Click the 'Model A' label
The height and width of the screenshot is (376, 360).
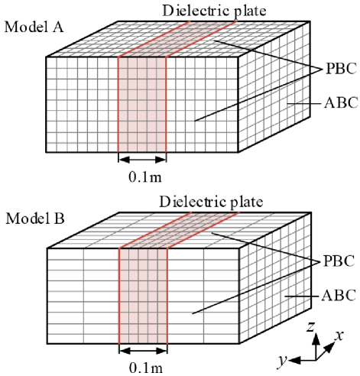click(x=34, y=27)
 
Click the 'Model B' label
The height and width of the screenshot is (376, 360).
click(x=35, y=219)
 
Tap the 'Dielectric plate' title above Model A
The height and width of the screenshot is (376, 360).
click(x=214, y=11)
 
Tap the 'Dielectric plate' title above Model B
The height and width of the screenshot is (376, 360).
click(x=211, y=203)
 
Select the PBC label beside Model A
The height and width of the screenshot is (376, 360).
click(x=342, y=69)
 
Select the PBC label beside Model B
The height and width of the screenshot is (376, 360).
click(x=339, y=261)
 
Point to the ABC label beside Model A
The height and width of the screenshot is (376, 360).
click(x=342, y=103)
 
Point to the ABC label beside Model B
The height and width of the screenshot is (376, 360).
click(x=339, y=296)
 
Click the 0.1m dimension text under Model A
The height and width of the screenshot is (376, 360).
click(x=145, y=177)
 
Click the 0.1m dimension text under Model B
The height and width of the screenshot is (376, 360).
click(x=146, y=368)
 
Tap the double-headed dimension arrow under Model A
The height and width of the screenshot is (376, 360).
click(x=142, y=160)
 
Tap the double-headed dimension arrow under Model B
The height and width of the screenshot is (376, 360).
click(x=143, y=351)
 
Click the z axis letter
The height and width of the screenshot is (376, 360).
click(x=310, y=326)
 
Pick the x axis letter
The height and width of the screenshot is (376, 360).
click(x=339, y=335)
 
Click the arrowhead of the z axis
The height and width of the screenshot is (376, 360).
click(x=316, y=338)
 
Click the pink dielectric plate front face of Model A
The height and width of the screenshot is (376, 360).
click(x=142, y=105)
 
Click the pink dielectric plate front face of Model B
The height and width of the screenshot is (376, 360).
click(x=143, y=296)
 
